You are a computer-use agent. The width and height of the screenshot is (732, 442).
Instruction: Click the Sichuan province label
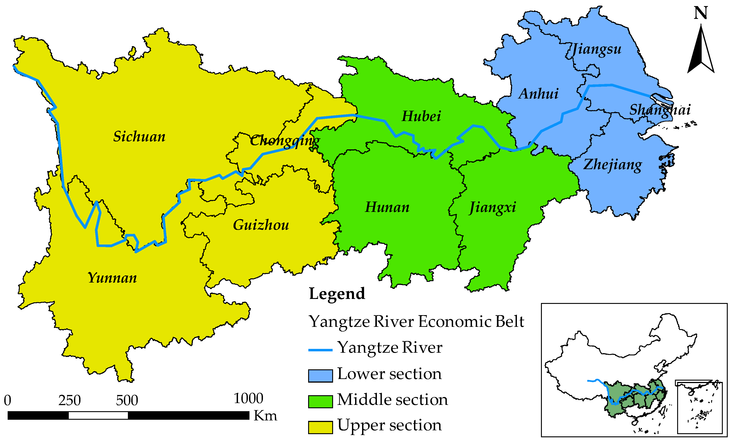(x=139, y=137)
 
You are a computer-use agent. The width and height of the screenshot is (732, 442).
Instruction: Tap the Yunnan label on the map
(x=112, y=278)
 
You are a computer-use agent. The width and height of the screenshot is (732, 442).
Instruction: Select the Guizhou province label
(x=261, y=225)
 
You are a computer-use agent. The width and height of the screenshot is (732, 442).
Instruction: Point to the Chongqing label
(x=285, y=141)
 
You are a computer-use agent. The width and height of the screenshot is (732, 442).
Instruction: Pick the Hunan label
(x=387, y=207)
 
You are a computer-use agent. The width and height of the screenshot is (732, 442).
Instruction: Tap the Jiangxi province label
(x=492, y=207)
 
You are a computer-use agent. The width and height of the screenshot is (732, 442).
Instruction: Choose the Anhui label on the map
(x=538, y=94)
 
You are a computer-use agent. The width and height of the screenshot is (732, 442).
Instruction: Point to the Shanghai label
(x=660, y=110)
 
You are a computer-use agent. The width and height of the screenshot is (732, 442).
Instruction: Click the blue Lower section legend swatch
(x=320, y=376)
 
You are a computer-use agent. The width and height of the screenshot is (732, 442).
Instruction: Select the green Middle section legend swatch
(x=320, y=402)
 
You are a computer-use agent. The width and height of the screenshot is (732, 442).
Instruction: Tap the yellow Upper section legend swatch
(x=320, y=427)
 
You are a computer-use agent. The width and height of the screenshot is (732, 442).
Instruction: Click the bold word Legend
(x=337, y=294)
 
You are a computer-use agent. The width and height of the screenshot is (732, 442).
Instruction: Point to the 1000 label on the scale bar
(x=248, y=398)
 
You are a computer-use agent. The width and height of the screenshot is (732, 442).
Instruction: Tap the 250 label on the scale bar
(x=69, y=400)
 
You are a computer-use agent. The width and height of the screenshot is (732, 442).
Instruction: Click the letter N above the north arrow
(x=700, y=13)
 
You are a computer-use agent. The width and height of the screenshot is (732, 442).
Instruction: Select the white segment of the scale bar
(x=98, y=415)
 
